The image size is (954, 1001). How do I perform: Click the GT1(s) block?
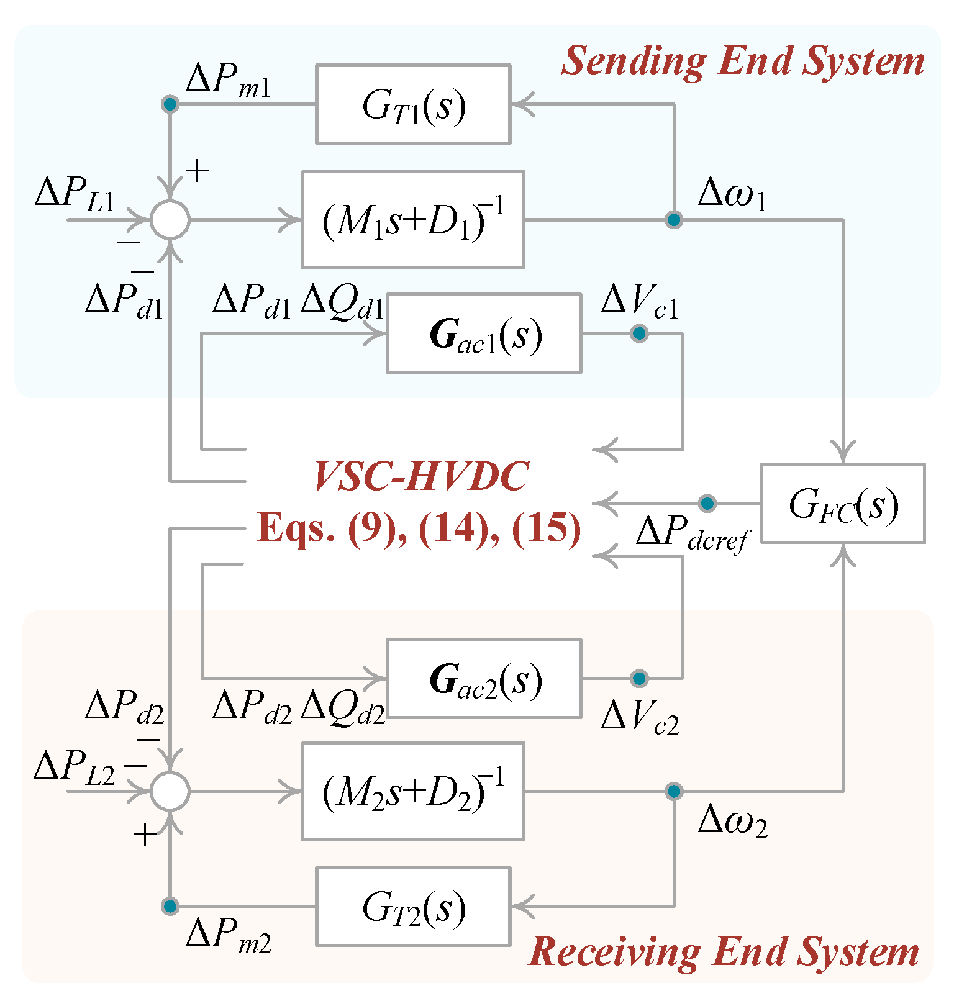413,104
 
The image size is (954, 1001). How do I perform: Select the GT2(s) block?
413,906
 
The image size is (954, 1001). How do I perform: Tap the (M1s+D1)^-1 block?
413,220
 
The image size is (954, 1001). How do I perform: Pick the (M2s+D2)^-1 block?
413,791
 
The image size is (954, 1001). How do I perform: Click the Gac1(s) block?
484,334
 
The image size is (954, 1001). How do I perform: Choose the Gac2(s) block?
484,678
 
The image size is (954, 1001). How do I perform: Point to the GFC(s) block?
843,504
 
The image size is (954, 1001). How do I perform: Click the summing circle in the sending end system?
170,220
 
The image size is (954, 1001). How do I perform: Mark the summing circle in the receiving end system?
170,791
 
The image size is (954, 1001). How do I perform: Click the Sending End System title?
743,61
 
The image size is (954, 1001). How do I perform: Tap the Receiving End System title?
724,952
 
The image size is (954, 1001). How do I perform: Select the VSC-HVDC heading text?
421,477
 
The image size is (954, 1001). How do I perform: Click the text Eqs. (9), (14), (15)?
419,529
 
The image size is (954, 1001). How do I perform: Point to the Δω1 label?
732,194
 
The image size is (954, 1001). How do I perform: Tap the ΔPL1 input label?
75,194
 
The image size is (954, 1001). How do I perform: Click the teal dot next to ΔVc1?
639,334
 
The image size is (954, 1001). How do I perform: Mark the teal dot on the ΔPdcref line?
707,503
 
